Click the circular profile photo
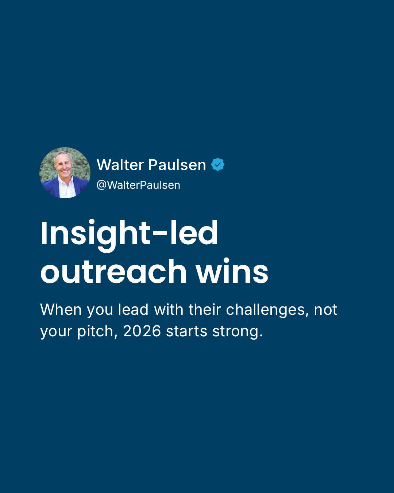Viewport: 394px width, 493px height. pos(65,173)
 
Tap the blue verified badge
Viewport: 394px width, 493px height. pos(218,164)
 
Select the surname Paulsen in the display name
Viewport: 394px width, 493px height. pos(177,165)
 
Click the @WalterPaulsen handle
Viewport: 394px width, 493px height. pos(139,185)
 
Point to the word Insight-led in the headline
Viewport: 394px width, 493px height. pos(129,235)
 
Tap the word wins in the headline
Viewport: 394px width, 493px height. pos(232,271)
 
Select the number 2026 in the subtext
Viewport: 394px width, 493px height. pos(142,331)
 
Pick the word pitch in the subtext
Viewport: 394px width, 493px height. pos(97,331)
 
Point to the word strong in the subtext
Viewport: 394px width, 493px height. pos(237,332)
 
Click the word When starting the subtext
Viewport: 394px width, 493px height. pos(61,310)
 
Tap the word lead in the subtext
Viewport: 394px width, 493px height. pos(133,310)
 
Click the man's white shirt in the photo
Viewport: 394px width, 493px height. pos(67,188)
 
